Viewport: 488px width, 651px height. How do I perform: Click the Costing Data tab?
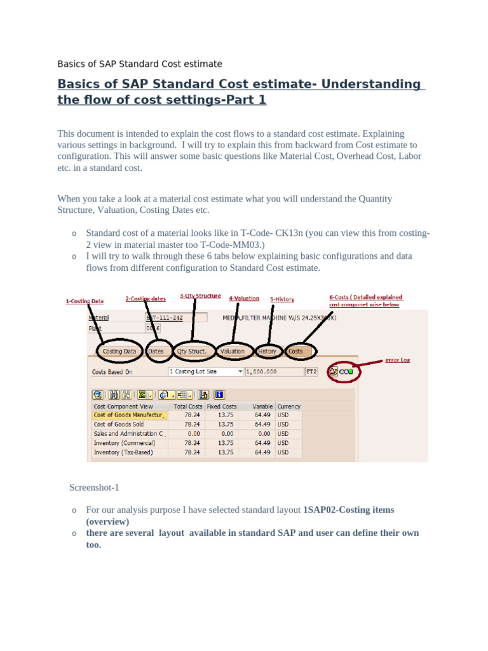tap(119, 351)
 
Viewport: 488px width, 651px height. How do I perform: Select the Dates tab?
tap(156, 351)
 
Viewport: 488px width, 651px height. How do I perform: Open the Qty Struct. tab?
tap(191, 351)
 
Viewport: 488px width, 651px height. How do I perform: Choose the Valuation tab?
tap(233, 351)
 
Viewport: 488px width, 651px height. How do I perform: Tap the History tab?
tap(268, 351)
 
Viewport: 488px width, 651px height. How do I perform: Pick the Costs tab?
tap(295, 351)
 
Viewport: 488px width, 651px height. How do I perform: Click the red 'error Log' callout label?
tap(397, 360)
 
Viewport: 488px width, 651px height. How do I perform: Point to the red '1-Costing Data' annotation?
tap(85, 301)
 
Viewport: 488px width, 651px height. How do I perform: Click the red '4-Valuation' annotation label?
tap(244, 298)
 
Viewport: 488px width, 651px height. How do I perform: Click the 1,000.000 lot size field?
tap(274, 371)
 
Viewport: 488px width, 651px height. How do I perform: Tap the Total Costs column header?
tap(187, 406)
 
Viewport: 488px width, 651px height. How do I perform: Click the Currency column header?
tap(289, 406)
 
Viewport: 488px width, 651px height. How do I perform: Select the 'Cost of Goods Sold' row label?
tap(119, 424)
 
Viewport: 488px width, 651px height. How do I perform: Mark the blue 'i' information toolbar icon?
tap(219, 394)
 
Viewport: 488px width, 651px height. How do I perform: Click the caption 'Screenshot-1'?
tap(94, 488)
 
